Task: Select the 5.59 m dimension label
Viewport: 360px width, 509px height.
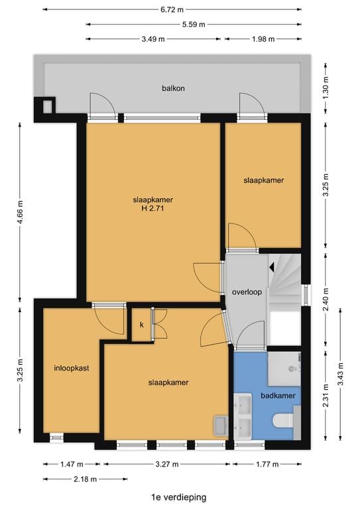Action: coord(193,24)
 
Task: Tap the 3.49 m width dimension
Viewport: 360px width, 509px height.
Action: coord(154,38)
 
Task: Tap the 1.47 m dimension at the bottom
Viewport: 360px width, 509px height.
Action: coord(70,465)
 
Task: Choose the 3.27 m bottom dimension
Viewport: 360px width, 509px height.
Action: coord(165,465)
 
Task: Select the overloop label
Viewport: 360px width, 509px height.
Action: coord(247,292)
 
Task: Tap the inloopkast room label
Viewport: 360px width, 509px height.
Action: coord(72,367)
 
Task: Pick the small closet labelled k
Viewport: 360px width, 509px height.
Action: coord(141,325)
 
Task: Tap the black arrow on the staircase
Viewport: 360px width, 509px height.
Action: coord(272,266)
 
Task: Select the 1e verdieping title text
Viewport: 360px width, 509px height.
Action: coord(178,496)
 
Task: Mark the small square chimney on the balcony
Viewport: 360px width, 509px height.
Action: coord(47,105)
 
